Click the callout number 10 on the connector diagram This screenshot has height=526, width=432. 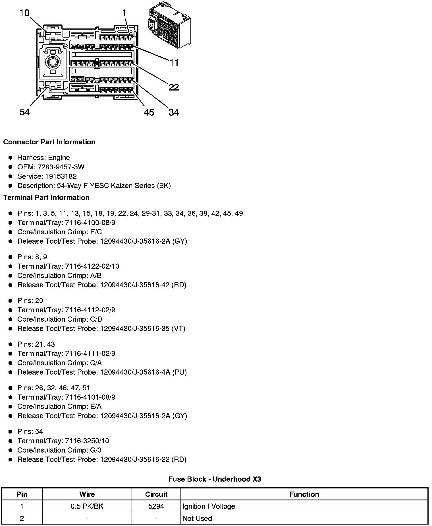pyautogui.click(x=24, y=13)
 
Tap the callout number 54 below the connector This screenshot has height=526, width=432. pyautogui.click(x=24, y=112)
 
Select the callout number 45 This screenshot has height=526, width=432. pyautogui.click(x=149, y=112)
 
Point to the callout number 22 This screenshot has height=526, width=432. pyautogui.click(x=174, y=87)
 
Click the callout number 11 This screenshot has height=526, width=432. pyautogui.click(x=174, y=62)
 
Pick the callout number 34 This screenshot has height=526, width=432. pyautogui.click(x=174, y=112)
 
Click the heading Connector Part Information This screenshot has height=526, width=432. pyautogui.click(x=49, y=142)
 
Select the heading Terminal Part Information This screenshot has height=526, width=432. pyautogui.click(x=46, y=198)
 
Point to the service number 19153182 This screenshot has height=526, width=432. pyautogui.click(x=61, y=176)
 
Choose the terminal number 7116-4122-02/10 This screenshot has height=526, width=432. pyautogui.click(x=92, y=266)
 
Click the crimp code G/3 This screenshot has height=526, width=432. pyautogui.click(x=95, y=450)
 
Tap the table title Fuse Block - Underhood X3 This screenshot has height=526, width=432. pyautogui.click(x=215, y=479)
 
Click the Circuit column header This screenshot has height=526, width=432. pyautogui.click(x=156, y=494)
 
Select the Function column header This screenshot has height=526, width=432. pyautogui.click(x=304, y=494)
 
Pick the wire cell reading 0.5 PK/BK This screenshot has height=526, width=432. pyautogui.click(x=87, y=506)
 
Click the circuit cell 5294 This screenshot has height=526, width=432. pyautogui.click(x=156, y=506)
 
